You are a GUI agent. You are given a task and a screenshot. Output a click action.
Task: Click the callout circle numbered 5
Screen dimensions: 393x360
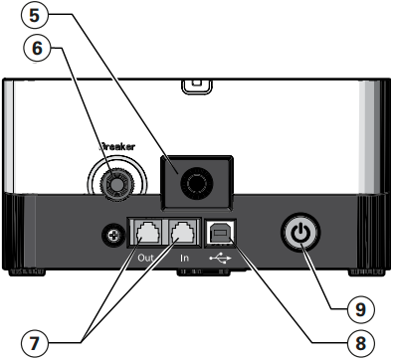(35, 16)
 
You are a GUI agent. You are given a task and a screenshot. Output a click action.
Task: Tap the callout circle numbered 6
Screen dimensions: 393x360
(37, 48)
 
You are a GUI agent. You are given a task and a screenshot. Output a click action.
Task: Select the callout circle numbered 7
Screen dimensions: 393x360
(35, 342)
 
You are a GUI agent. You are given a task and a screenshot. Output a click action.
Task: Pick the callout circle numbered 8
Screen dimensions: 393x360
(361, 342)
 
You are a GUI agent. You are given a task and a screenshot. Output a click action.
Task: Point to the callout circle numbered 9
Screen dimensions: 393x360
(361, 309)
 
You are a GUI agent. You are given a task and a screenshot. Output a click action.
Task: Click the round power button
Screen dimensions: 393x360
(300, 232)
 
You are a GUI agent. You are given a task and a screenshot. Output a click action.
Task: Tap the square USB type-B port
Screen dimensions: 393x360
(220, 233)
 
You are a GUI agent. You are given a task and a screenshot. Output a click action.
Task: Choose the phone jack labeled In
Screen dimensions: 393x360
(184, 233)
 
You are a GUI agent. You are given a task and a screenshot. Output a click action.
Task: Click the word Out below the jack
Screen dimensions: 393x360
(146, 258)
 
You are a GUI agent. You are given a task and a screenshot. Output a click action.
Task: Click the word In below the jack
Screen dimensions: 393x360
(184, 258)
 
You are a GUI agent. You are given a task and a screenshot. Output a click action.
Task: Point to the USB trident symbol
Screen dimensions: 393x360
(220, 258)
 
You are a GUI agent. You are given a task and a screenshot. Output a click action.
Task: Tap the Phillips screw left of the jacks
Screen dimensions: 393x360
(113, 236)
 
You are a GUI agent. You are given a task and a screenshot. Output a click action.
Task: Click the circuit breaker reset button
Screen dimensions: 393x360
(116, 183)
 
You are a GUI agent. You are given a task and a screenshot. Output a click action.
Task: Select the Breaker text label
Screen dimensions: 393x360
(117, 147)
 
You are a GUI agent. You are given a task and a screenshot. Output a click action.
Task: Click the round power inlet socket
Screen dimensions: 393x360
(196, 183)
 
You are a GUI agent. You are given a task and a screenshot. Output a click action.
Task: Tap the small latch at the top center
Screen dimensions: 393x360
(197, 86)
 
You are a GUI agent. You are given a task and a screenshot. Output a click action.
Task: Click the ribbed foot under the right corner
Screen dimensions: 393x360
(366, 272)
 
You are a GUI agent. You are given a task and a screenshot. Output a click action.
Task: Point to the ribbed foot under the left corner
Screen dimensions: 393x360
(26, 272)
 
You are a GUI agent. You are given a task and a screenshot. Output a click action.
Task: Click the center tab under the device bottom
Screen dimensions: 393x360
(203, 272)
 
